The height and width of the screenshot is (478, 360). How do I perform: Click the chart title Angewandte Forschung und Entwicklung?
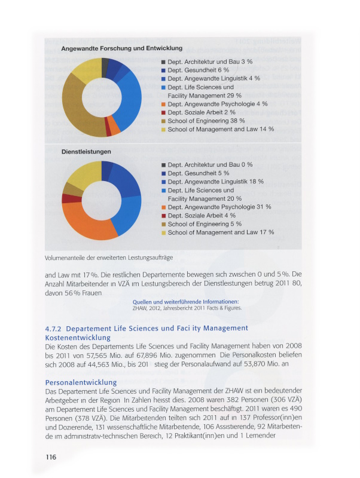(122, 48)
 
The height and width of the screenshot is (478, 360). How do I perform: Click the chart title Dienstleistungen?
(86, 152)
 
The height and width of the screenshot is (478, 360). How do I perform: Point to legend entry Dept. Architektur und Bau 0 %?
(210, 164)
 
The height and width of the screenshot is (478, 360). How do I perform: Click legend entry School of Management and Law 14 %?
(221, 129)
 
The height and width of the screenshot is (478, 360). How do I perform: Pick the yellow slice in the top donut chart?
(86, 69)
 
